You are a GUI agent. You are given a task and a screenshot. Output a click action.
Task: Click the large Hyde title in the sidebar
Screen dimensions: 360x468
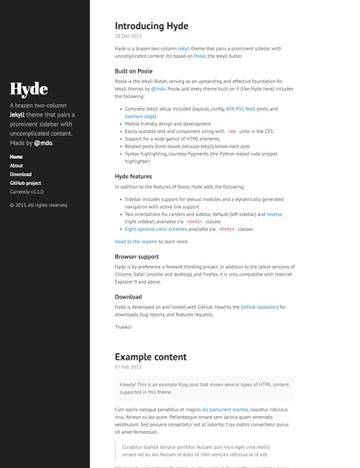point(28,89)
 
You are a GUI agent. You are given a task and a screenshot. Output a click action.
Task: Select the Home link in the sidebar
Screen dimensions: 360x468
point(16,157)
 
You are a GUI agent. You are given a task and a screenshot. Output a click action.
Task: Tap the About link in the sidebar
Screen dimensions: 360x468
point(16,166)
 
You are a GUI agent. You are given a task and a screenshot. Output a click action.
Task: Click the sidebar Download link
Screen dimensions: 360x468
point(21,174)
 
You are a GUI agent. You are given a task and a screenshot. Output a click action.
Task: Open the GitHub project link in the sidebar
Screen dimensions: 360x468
point(25,183)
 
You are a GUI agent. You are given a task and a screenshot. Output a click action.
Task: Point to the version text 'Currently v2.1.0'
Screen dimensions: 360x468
point(27,192)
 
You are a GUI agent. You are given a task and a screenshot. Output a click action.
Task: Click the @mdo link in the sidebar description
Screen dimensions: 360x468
point(43,142)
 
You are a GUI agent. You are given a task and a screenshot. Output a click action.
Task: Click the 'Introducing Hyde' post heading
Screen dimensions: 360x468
point(151,26)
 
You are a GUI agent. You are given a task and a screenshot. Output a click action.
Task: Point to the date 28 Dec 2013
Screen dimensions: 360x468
point(128,36)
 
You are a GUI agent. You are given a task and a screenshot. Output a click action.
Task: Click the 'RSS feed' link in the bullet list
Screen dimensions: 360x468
point(244,108)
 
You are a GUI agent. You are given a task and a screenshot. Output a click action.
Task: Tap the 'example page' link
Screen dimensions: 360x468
point(140,116)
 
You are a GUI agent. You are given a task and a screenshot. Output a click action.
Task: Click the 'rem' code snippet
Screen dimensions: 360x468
point(232,131)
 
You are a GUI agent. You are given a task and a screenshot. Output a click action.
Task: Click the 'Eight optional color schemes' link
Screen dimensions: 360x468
point(156,229)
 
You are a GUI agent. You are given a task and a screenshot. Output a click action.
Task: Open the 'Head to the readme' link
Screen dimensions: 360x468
point(136,241)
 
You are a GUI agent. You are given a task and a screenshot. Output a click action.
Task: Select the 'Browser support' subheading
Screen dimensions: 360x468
point(137,256)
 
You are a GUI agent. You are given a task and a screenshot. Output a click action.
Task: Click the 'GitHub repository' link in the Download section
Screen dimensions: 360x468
point(259,306)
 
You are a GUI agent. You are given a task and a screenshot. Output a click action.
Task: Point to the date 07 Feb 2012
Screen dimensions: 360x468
point(128,367)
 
